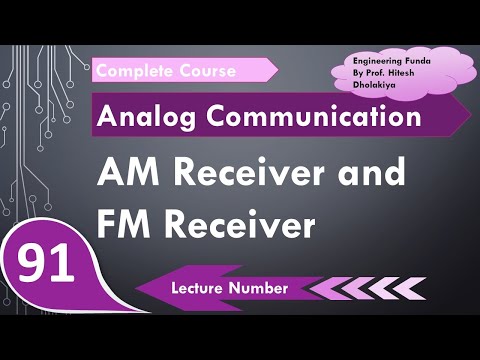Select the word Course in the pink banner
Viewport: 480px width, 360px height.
pyautogui.click(x=207, y=71)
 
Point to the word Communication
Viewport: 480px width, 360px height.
pyautogui.click(x=310, y=117)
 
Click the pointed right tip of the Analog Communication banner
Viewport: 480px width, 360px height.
pyautogui.click(x=469, y=116)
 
